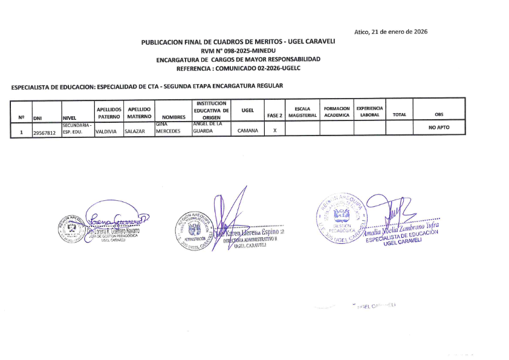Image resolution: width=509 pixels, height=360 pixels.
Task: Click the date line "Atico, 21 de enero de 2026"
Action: (x=391, y=31)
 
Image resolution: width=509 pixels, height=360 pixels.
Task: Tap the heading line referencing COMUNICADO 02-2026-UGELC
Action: (x=238, y=68)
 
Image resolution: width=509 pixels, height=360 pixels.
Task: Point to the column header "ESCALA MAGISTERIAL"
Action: (x=302, y=112)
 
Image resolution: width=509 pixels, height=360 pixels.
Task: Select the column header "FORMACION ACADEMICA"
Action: (x=337, y=112)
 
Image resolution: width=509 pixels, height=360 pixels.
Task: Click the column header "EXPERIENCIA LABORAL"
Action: (x=369, y=112)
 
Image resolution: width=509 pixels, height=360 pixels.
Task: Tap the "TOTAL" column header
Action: (x=399, y=114)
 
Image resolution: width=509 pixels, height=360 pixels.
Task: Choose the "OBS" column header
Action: (x=439, y=114)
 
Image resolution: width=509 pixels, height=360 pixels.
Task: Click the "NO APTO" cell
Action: (x=439, y=128)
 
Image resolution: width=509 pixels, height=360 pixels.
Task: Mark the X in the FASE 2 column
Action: (x=274, y=131)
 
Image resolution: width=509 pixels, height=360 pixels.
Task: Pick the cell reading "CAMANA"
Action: (x=247, y=131)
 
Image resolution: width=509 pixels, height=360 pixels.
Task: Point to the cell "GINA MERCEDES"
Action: (x=169, y=128)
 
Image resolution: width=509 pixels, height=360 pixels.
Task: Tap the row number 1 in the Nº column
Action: (x=21, y=131)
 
